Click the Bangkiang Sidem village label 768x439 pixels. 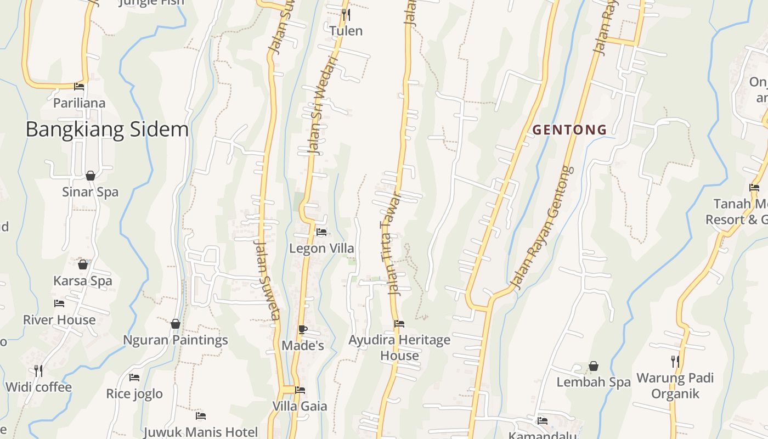[107, 130]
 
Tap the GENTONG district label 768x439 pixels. [570, 130]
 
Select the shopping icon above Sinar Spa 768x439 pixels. [91, 176]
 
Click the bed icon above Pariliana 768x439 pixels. [79, 86]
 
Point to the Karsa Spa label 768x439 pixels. [82, 281]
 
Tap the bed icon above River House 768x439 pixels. [59, 303]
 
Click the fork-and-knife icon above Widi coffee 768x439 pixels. [38, 371]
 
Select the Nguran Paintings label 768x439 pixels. [175, 340]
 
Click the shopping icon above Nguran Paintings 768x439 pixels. [176, 324]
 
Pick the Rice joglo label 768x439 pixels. [134, 394]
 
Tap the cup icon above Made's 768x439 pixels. [302, 329]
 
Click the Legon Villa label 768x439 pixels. [321, 249]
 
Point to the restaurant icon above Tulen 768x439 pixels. [346, 15]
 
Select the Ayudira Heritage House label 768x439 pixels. [399, 347]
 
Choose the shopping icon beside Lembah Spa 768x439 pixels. [594, 366]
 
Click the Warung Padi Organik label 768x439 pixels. [675, 386]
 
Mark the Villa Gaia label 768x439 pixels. [300, 407]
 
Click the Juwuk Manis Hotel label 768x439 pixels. [200, 432]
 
